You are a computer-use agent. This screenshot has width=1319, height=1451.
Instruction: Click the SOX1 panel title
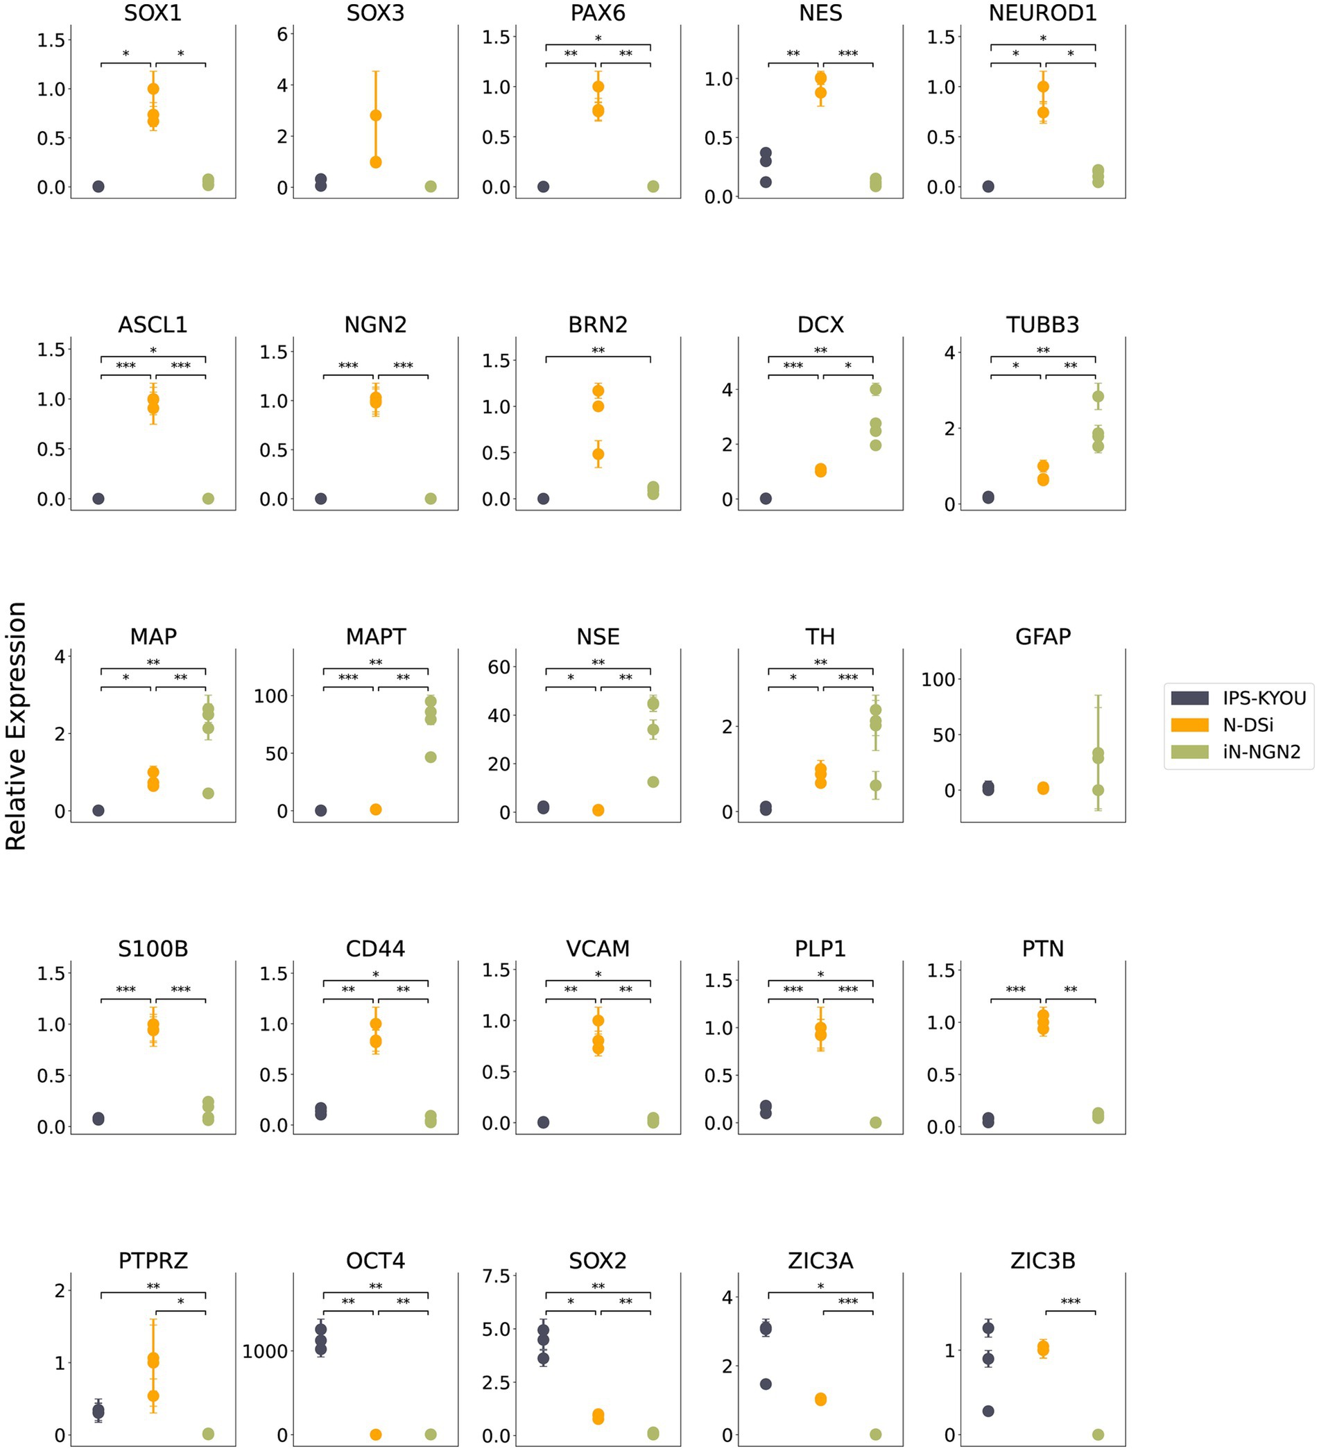[x=153, y=13]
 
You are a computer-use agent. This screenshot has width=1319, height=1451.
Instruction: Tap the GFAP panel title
[x=1042, y=636]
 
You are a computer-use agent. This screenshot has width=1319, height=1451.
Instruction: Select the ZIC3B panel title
[x=1042, y=1260]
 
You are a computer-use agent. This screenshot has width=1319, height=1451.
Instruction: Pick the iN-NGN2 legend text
[x=1261, y=751]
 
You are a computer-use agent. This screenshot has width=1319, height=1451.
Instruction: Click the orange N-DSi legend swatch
[x=1189, y=725]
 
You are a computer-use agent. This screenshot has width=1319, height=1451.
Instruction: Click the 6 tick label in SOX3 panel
[x=282, y=34]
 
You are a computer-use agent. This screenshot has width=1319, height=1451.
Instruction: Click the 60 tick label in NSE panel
[x=499, y=667]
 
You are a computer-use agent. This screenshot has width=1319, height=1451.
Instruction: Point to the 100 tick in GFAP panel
[x=938, y=679]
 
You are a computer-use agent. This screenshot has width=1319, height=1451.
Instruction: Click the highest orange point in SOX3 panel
[x=376, y=115]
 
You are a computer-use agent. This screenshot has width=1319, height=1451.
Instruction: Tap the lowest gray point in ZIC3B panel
[x=988, y=1411]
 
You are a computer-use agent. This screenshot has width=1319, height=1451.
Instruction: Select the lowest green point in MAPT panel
[x=431, y=757]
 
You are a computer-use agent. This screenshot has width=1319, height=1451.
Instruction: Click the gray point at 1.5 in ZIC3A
[x=766, y=1384]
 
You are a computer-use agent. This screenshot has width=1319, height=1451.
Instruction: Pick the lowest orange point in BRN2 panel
[x=598, y=454]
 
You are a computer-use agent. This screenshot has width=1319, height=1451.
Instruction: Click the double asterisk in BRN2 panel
[x=598, y=350]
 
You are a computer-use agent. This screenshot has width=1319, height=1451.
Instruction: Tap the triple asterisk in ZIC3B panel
[x=1070, y=1301]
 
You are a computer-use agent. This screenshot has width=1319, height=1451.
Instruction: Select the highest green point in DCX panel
[x=875, y=389]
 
